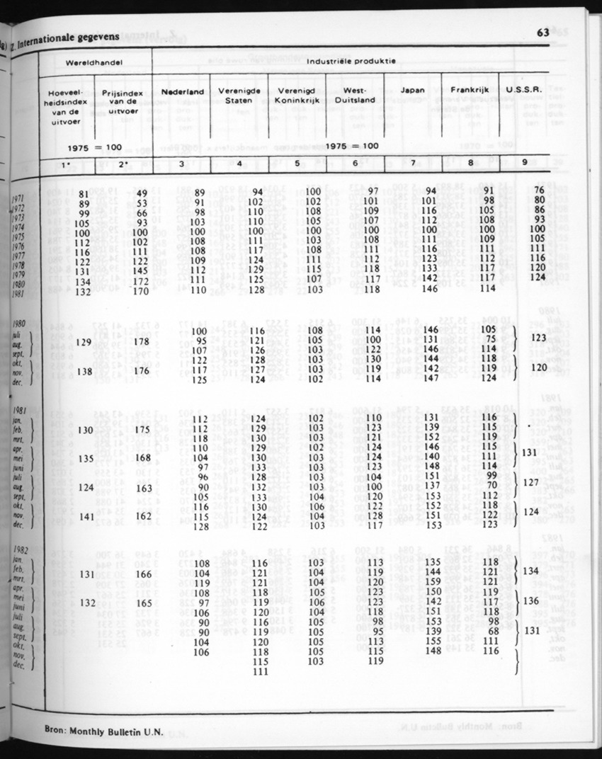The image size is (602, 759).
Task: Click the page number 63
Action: pos(544,33)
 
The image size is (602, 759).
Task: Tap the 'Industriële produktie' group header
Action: pos(351,62)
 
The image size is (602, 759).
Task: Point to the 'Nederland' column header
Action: pos(183,92)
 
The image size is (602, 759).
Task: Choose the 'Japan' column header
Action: pos(412,91)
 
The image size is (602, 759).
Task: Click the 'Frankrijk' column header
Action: pos(470,91)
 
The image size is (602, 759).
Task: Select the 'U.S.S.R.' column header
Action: pos(524,91)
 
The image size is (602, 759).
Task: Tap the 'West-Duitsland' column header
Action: pos(353,96)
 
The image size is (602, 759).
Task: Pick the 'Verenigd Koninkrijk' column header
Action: pos(296,96)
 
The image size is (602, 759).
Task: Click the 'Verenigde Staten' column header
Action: pos(239,96)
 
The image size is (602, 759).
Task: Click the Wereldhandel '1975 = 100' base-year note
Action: pos(95,147)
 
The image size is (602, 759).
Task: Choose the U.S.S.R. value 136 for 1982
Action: pos(534,600)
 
